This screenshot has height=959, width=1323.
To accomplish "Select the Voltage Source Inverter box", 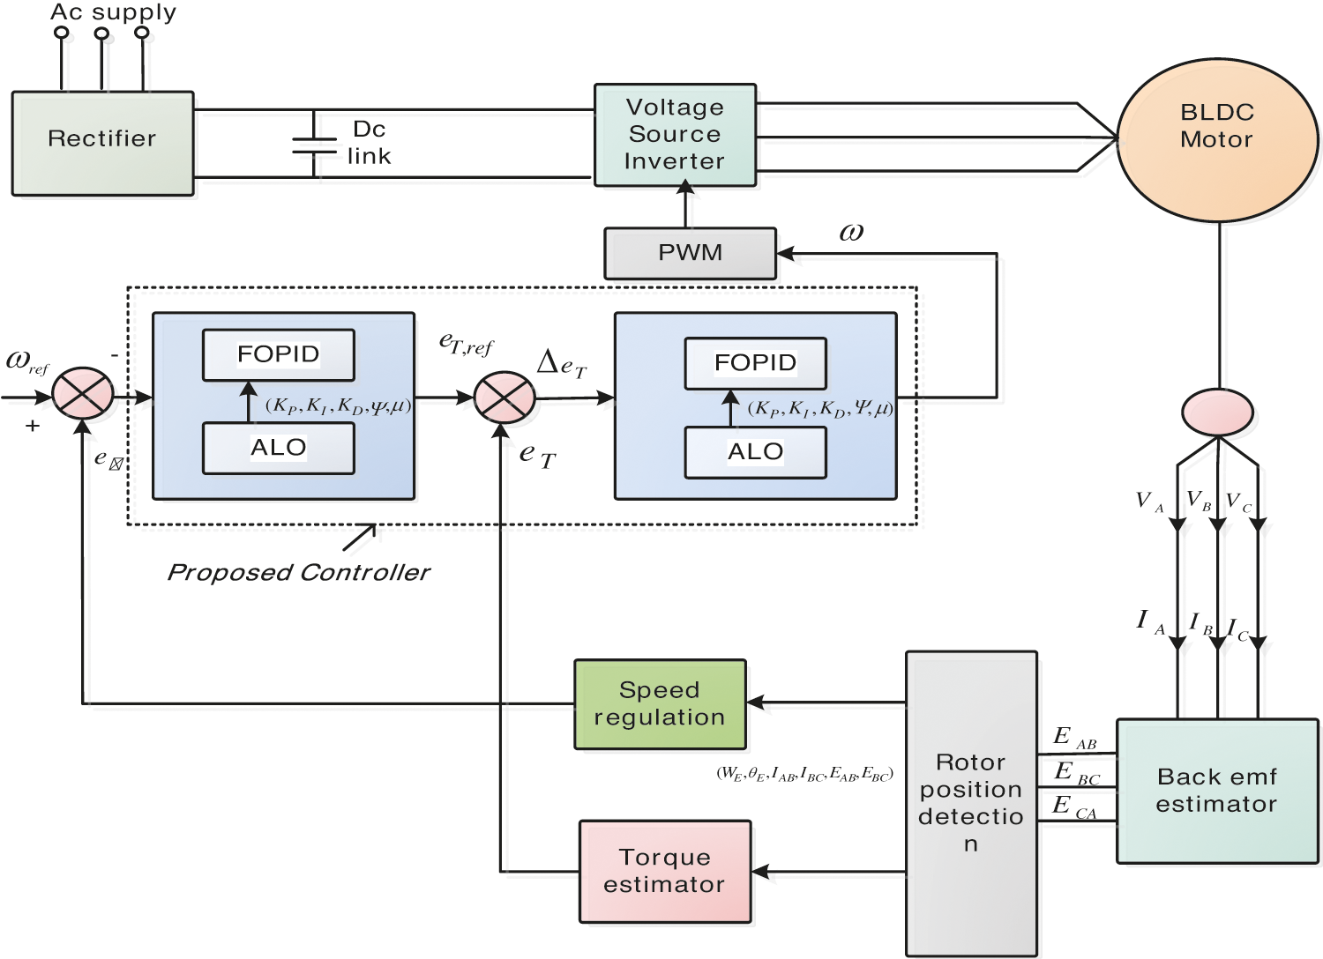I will pos(675,135).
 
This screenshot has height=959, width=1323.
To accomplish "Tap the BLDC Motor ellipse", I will pos(1217,139).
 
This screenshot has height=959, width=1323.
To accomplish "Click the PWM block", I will pos(690,254).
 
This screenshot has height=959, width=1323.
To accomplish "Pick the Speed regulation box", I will pos(660,704).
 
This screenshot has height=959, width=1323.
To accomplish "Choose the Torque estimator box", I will pos(665,872).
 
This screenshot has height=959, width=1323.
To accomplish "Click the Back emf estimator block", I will pos(1217,791).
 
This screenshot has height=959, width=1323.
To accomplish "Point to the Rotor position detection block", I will pos(971,803).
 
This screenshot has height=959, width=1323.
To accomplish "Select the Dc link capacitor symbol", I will pos(314,145).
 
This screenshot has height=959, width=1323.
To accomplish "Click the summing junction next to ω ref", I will pos(83,394).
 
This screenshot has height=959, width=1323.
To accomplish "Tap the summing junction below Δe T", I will pos(505,398).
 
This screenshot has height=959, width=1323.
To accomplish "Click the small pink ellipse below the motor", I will pos(1217,413).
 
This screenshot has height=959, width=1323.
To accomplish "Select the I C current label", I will pos(1238,629).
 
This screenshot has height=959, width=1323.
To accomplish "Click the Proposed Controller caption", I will pos(299,573).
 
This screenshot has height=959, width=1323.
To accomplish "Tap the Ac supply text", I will pos(113,12).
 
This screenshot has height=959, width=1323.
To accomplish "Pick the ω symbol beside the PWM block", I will pos(851,232).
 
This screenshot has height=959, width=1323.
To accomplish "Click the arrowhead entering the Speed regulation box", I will pos(755,703).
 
